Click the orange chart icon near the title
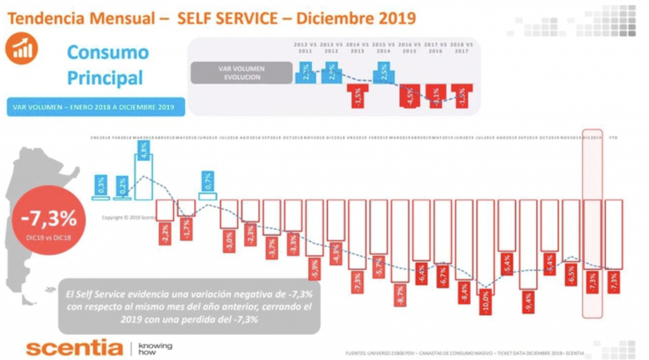coord(22,49)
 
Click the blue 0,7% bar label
coord(208,181)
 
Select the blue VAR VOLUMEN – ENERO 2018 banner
coord(98,106)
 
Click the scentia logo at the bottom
coord(74,348)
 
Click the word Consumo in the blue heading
coord(108,52)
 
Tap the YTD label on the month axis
coord(613,138)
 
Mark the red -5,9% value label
coord(314,269)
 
